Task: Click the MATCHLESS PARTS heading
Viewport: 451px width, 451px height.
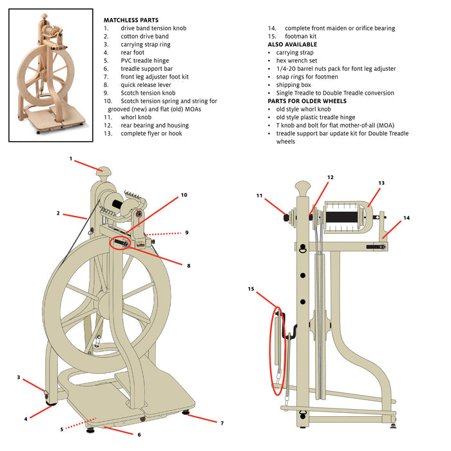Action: [131, 20]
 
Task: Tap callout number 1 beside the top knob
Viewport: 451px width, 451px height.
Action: [71, 158]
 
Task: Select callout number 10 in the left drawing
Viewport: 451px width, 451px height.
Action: [184, 195]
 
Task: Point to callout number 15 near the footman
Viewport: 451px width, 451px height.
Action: [251, 289]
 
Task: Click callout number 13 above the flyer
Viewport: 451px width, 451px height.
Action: [381, 183]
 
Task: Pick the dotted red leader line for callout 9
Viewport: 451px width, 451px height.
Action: [164, 233]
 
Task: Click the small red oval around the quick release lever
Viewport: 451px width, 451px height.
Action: [120, 243]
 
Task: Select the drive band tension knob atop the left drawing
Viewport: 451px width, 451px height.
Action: [103, 172]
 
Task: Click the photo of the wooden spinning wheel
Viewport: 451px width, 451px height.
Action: [51, 75]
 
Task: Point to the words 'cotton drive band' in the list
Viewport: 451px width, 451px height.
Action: [145, 36]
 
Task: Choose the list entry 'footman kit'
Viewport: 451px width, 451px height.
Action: [301, 36]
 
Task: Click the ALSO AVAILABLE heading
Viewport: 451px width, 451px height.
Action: [293, 44]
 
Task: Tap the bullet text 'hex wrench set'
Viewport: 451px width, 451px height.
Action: [296, 61]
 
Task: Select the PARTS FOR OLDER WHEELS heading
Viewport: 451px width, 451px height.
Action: [307, 101]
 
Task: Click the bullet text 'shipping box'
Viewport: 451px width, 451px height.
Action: [293, 85]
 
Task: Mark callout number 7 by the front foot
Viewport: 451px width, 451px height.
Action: [222, 423]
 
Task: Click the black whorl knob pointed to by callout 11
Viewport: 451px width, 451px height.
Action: [286, 217]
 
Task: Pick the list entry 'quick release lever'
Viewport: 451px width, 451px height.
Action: [146, 85]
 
